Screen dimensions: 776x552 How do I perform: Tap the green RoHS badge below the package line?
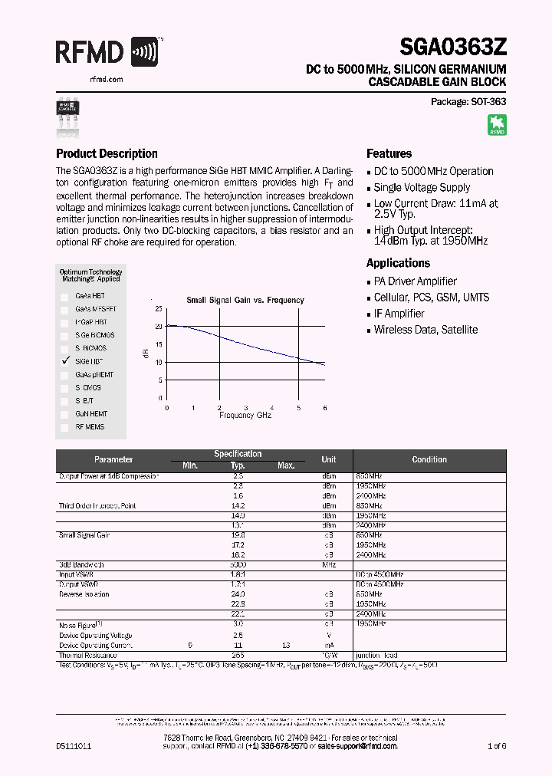click(497, 125)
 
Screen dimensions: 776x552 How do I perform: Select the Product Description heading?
click(107, 153)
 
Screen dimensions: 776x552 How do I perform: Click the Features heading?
click(389, 153)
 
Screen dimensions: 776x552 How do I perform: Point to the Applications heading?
click(398, 263)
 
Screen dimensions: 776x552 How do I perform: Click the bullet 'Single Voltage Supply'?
click(422, 188)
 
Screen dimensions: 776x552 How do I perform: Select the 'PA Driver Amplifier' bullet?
click(415, 281)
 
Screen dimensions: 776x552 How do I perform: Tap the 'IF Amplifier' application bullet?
click(399, 314)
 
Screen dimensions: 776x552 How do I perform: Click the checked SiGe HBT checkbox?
click(65, 361)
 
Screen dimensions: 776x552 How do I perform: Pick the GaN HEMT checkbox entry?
click(65, 414)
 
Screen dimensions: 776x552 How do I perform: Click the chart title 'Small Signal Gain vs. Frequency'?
click(245, 300)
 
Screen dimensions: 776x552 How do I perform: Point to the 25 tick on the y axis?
click(159, 309)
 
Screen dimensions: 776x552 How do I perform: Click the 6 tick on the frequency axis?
click(324, 408)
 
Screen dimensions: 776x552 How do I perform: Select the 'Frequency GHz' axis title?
click(245, 415)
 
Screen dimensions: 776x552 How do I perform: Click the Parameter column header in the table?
click(113, 459)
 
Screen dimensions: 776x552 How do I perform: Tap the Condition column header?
click(429, 459)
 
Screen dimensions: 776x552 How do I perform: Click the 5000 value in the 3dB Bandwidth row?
click(238, 564)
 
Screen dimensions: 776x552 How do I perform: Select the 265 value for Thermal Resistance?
click(238, 656)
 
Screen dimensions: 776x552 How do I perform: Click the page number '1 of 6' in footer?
click(496, 745)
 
